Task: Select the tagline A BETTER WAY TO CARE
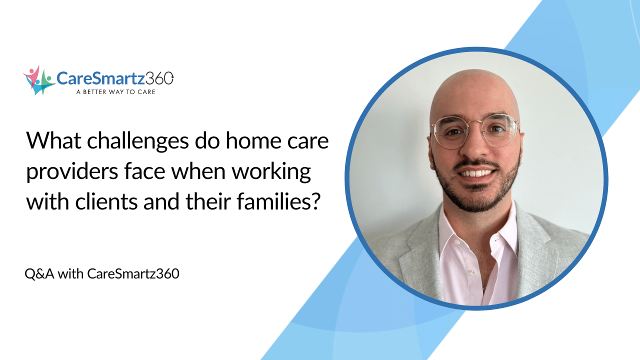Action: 115,92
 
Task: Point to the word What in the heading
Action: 48,141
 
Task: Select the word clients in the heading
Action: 110,202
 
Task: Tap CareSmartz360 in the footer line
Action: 133,274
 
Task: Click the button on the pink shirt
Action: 469,273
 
